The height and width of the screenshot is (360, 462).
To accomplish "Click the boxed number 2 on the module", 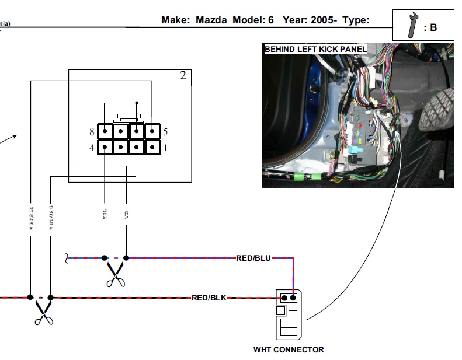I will tap(183, 76).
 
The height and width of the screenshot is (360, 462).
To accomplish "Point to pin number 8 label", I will tap(92, 132).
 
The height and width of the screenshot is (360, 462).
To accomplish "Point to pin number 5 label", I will tap(166, 132).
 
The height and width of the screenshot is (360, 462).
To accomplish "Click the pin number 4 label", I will tap(92, 148).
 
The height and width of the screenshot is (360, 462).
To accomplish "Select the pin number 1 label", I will tap(166, 148).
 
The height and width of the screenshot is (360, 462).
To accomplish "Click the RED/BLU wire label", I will tap(253, 257).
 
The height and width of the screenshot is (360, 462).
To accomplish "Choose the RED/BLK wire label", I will tap(209, 298).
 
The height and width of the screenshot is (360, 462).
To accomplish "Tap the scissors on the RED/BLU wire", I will tap(116, 274).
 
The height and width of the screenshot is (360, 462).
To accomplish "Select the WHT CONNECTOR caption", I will tap(289, 350).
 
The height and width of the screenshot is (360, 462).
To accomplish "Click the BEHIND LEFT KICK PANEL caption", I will tap(315, 50).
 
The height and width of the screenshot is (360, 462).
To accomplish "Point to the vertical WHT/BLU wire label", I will tap(32, 216).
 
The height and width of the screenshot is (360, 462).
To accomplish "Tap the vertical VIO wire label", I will tap(127, 215).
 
